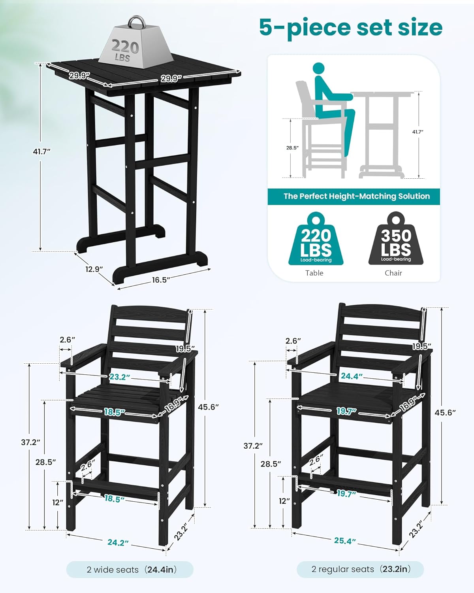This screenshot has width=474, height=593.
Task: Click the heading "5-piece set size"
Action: [x=351, y=27]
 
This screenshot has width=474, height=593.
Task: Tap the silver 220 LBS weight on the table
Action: [x=125, y=45]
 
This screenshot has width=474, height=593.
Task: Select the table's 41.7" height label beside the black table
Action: [x=42, y=151]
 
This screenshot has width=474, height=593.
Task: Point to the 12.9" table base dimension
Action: [x=94, y=269]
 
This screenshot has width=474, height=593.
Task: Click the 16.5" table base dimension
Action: [x=161, y=280]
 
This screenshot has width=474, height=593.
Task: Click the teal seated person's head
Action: [x=321, y=69]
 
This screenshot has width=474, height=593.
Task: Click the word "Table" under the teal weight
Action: [x=314, y=273]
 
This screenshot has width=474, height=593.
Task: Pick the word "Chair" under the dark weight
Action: [x=393, y=273]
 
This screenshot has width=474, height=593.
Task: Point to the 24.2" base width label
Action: [x=118, y=542]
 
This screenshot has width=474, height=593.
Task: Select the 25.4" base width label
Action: [x=345, y=540]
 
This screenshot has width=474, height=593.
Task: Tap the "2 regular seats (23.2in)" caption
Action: [x=361, y=569]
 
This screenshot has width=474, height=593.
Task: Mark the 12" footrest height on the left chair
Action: [x=58, y=502]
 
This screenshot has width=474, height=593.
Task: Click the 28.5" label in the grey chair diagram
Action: [x=292, y=148]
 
